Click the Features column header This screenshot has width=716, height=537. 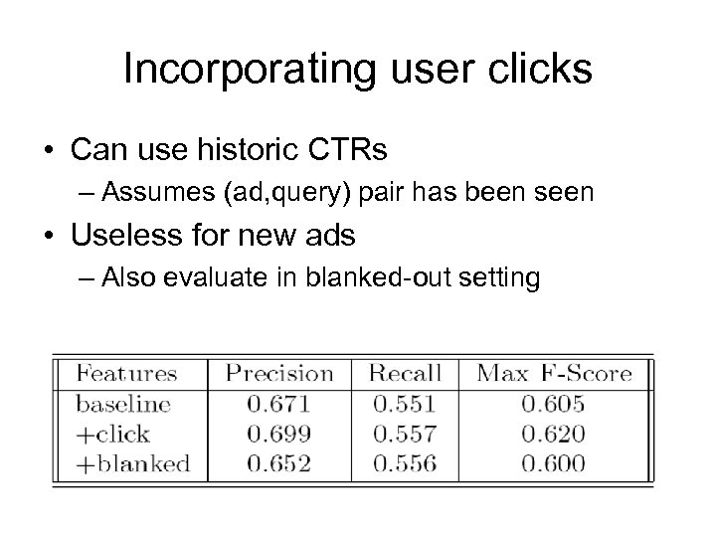point(126,374)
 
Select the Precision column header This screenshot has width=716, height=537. point(279,374)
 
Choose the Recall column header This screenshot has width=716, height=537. point(405,374)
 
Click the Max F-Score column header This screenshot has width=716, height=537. point(554,374)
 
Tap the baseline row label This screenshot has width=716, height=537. point(123,404)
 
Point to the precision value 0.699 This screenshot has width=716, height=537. point(280,434)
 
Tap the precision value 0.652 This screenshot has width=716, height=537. point(280,462)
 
